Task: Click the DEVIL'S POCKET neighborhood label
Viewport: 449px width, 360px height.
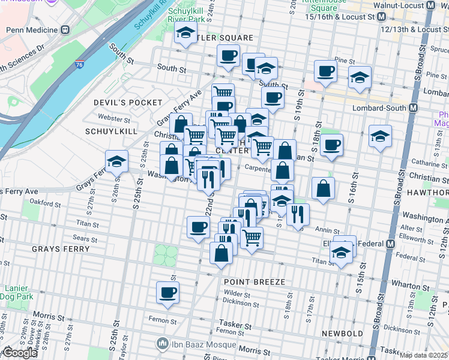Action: click(128, 103)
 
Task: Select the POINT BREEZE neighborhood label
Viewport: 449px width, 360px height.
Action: click(254, 281)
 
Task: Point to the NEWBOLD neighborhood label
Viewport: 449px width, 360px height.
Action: click(342, 333)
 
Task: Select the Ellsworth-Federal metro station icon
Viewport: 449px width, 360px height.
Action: click(390, 244)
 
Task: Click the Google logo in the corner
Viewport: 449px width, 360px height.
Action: click(20, 353)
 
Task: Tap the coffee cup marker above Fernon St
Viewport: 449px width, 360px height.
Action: click(167, 292)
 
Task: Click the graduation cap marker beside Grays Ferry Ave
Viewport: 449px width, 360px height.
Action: click(116, 161)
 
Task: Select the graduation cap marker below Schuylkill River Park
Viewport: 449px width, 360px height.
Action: click(185, 32)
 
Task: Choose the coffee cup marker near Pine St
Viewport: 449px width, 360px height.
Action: click(326, 71)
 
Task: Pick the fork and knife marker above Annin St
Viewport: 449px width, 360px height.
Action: click(298, 214)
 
